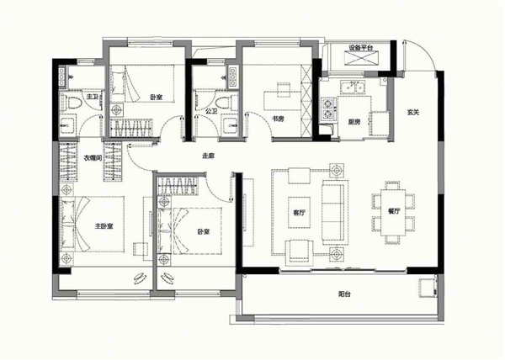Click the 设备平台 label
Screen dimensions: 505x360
coord(361,48)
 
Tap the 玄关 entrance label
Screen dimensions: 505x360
coord(413,112)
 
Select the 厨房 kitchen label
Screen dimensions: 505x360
coord(354,122)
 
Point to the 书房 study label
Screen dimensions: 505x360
coord(278,119)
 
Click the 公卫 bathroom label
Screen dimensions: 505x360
coord(211,111)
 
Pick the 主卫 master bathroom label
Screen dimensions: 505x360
coord(93,96)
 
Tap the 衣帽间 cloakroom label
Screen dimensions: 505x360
coord(93,158)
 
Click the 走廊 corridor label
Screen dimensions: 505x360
coord(208,156)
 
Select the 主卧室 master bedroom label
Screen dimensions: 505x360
coord(104,226)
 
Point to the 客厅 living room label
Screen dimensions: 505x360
coord(299,213)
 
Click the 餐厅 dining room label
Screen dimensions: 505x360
coord(394,211)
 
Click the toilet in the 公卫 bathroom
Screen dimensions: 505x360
coord(224,103)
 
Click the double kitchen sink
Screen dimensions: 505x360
coord(353,87)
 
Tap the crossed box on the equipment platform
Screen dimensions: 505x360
coord(361,59)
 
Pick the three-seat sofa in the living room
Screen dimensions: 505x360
coord(335,212)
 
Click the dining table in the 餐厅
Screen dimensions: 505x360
coord(393,213)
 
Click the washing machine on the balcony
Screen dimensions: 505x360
coord(428,289)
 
